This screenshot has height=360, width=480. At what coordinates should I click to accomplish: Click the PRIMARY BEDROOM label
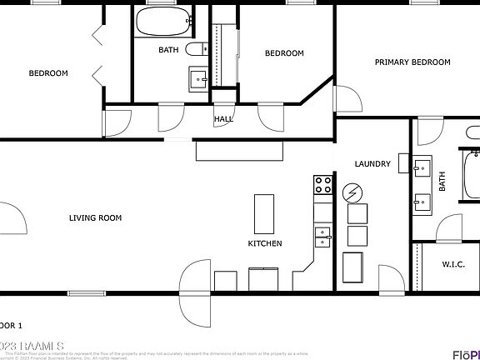coord(412,62)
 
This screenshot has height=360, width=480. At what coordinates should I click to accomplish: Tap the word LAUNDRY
coord(372,164)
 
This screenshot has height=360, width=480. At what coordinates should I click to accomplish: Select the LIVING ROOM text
coord(95,218)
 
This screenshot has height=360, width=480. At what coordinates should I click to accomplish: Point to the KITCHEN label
coord(264,243)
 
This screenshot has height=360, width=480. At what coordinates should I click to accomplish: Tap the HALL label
coord(223,119)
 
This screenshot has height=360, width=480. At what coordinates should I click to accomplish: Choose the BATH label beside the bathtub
coord(168,50)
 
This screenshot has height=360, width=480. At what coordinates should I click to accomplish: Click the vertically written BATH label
coord(442,182)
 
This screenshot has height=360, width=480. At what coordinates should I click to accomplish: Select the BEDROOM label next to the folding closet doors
coord(48,73)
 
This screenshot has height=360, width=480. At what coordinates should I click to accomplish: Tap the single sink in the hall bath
coord(197,78)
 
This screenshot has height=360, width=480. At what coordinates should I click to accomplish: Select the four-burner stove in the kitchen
coord(322,184)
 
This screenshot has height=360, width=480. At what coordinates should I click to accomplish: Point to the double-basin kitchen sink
coord(322,237)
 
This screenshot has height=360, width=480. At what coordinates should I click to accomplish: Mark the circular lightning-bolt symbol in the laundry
coord(353,193)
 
